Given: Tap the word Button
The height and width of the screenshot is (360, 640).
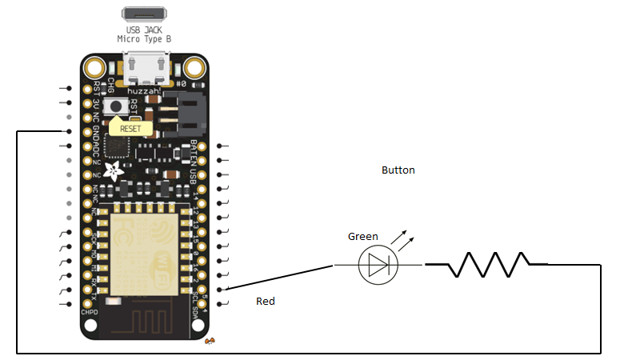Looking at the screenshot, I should [398, 170].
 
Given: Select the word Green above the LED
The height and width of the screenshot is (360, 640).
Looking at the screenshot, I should [363, 237].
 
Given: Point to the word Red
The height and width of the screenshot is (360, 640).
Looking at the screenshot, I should [266, 302].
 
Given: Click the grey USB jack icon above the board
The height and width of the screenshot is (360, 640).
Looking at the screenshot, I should [145, 14].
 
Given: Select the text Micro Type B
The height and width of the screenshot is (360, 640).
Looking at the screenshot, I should [145, 38].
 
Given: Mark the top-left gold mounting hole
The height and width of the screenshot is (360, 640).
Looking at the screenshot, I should [96, 67].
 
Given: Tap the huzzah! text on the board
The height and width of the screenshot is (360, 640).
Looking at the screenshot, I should [145, 92].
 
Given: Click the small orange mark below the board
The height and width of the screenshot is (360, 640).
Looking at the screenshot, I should [210, 342].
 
